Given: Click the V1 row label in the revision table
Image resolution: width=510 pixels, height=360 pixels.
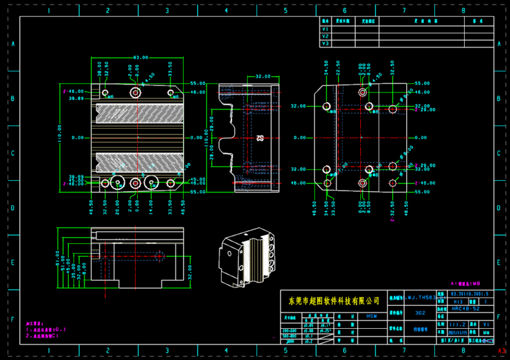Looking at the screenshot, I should [x=325, y=29].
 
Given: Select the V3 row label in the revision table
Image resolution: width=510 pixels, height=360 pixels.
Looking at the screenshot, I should [x=325, y=44].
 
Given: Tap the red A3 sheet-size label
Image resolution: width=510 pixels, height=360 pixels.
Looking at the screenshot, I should [x=502, y=351].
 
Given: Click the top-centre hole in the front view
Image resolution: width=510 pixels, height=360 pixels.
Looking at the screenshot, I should [x=135, y=93].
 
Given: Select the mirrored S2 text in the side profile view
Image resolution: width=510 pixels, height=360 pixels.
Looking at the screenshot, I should [x=259, y=138].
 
